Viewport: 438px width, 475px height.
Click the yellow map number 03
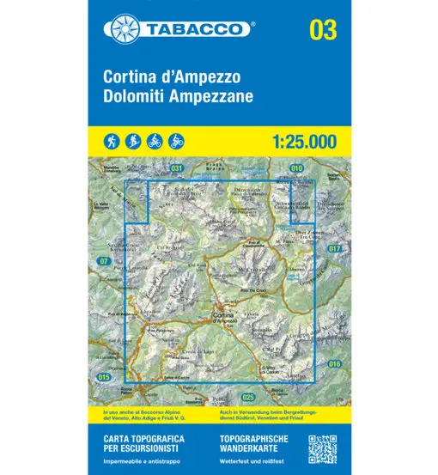[323, 30]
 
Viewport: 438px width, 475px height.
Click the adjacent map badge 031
[177, 168]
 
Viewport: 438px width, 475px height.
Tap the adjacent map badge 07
[104, 260]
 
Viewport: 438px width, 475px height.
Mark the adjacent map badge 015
[105, 377]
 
